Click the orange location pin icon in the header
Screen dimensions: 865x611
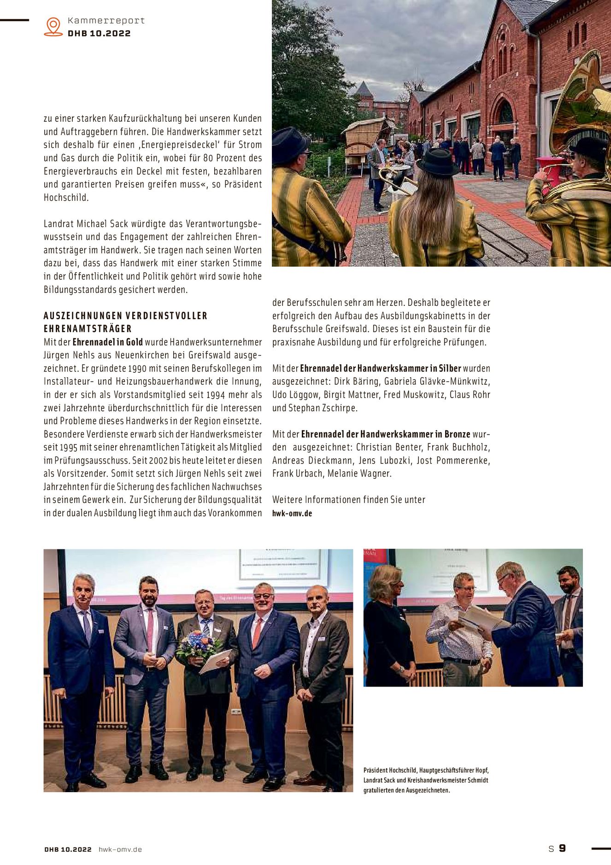click(53, 26)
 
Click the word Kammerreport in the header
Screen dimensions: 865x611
click(106, 21)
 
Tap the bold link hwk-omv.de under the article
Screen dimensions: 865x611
click(292, 513)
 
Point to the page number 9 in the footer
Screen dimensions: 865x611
click(562, 848)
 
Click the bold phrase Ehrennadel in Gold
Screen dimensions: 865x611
click(107, 342)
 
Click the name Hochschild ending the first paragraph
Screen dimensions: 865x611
click(66, 197)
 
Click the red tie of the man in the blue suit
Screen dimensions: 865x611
click(256, 632)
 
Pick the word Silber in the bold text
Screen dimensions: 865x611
click(450, 368)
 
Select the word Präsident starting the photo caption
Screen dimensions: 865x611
click(375, 770)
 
